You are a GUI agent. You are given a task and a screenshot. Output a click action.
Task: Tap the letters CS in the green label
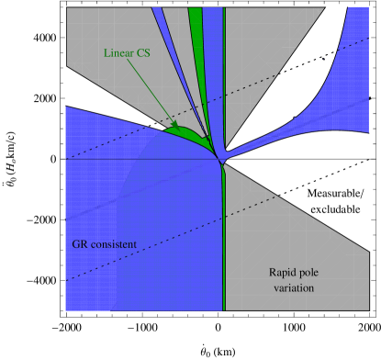[141, 53]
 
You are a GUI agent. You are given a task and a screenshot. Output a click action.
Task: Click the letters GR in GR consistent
[80, 244]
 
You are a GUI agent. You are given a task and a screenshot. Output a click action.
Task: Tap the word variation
[294, 288]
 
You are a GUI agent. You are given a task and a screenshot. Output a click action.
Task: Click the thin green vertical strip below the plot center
[224, 239]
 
